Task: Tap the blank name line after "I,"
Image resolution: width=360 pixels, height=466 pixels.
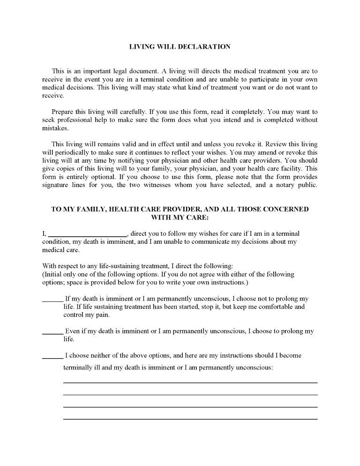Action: click(87, 235)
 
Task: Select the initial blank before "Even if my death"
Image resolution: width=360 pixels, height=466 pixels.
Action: click(52, 333)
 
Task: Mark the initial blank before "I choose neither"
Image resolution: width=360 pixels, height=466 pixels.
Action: click(52, 357)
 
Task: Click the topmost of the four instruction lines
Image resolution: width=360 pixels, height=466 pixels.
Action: click(190, 382)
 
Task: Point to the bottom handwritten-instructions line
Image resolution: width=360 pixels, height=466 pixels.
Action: click(190, 418)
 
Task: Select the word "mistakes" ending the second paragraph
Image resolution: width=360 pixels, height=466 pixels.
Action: click(55, 128)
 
